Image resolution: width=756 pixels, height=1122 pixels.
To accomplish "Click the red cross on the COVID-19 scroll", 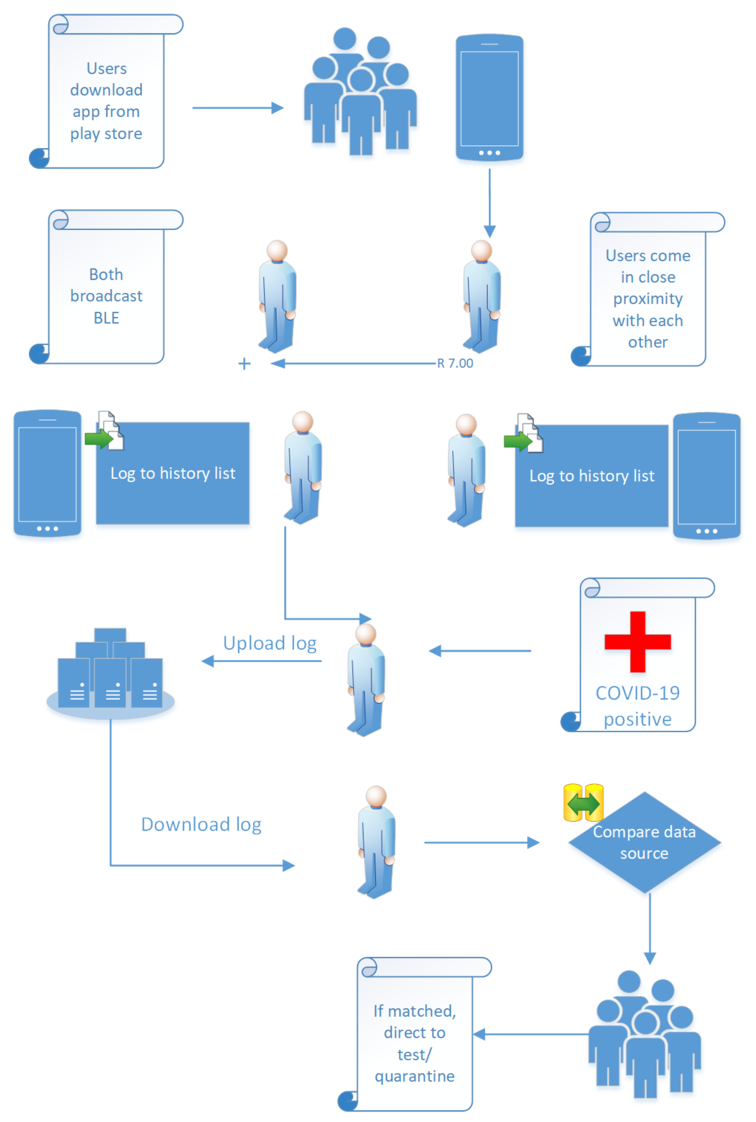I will pos(637,641).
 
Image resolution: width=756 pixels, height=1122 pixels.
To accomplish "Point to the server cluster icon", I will pos(110,673).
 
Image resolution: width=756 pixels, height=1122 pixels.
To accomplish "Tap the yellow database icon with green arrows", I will pos(583,803).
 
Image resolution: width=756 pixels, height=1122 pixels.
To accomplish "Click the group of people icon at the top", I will pos(360,92).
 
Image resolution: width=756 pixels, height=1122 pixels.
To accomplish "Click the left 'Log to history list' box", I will pos(173,474).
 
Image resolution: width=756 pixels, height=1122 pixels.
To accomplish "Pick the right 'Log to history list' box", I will pos(592,476).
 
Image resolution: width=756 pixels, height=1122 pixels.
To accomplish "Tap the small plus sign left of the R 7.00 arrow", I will pos(244,364).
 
